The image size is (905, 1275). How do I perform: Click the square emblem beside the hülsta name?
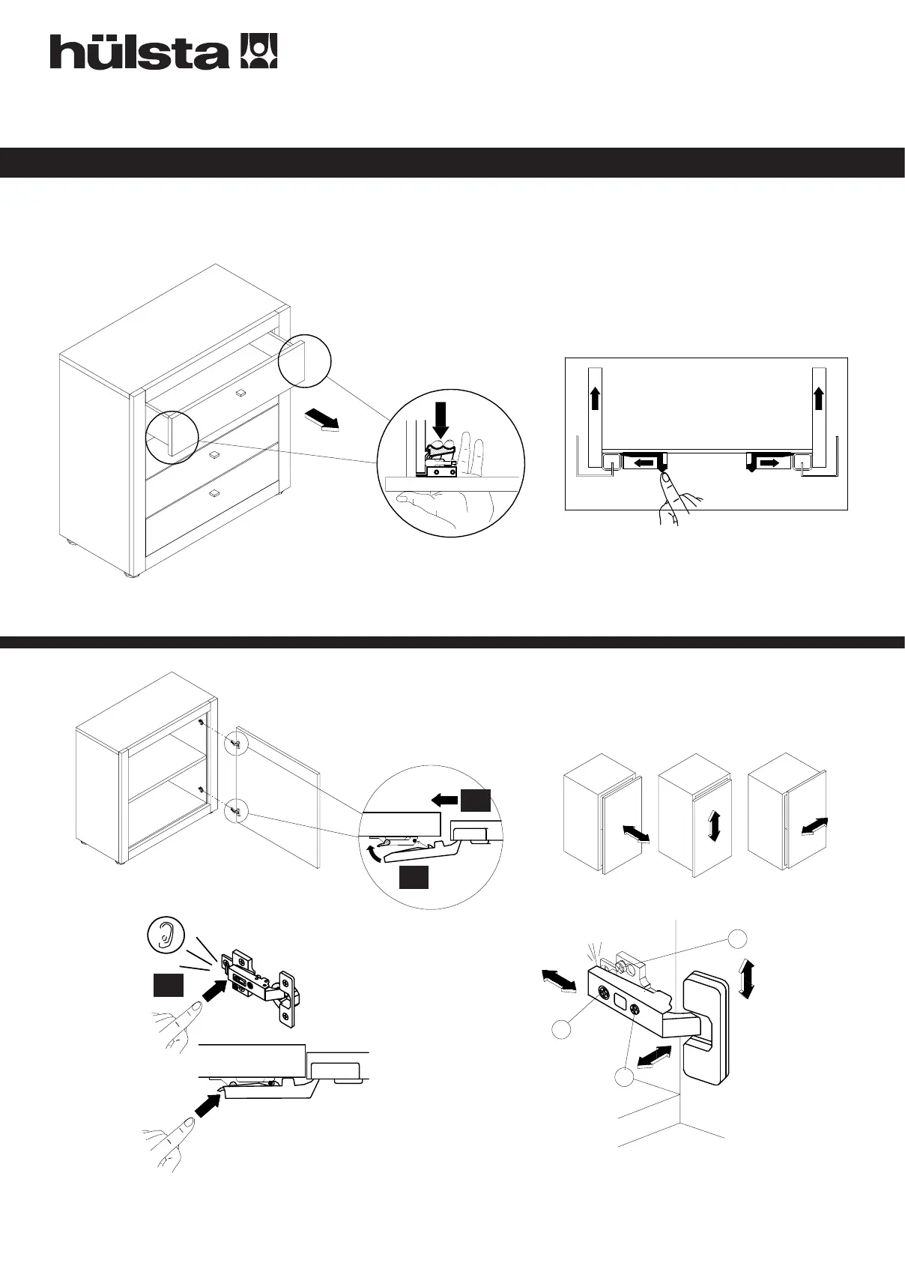click(x=258, y=51)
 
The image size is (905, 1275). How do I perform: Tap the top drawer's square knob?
click(x=240, y=392)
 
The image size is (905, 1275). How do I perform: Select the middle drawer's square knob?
click(x=214, y=454)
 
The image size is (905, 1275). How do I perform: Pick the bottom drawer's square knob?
click(x=214, y=492)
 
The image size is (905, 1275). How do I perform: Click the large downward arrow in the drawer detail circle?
click(x=441, y=421)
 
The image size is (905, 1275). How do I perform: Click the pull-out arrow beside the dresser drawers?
click(x=322, y=421)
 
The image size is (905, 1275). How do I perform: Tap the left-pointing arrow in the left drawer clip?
click(x=641, y=464)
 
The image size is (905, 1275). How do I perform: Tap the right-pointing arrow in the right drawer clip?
click(x=769, y=464)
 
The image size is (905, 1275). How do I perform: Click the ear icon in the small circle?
click(x=166, y=935)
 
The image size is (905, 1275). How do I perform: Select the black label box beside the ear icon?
click(x=168, y=985)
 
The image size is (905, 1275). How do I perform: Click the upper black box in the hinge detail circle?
click(x=475, y=801)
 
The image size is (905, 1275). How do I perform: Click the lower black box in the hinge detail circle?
click(x=414, y=878)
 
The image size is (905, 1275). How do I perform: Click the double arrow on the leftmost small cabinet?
click(x=635, y=834)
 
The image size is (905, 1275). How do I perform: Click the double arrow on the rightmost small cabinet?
click(x=814, y=825)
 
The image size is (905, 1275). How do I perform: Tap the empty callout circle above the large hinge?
click(x=738, y=938)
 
